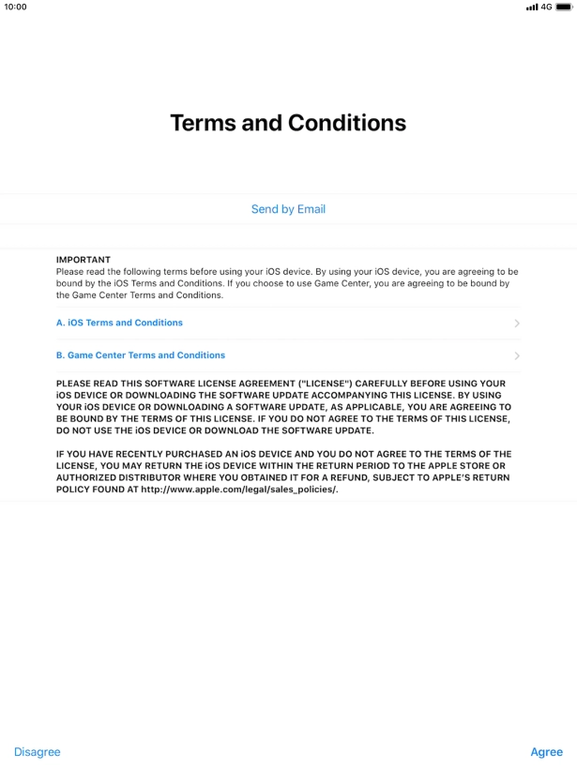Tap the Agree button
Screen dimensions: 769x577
[546, 752]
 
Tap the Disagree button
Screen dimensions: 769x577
[37, 752]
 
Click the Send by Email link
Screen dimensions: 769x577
[288, 209]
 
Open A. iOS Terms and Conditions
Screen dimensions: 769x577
[120, 323]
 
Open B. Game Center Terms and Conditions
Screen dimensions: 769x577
[141, 355]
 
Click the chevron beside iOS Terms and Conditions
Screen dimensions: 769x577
[517, 324]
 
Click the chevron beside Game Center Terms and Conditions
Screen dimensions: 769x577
[517, 356]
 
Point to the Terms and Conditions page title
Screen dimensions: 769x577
[288, 123]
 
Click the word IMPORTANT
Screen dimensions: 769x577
[84, 260]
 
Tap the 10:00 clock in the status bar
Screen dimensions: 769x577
[16, 7]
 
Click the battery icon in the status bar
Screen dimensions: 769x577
[564, 7]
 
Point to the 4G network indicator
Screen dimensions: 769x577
[547, 7]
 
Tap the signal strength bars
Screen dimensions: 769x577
[532, 7]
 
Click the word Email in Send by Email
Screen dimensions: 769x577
[311, 209]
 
